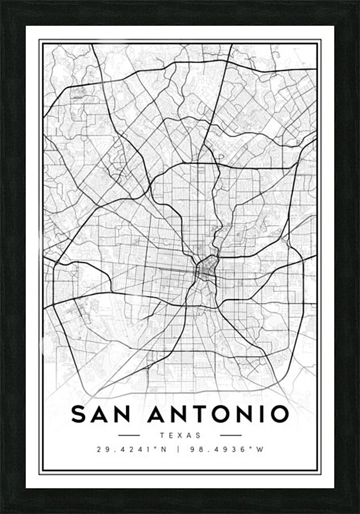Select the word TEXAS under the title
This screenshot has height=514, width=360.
point(180,436)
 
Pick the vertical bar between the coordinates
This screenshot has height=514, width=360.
point(179,449)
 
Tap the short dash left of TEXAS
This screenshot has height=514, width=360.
point(128,436)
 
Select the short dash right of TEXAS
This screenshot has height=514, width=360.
point(231,436)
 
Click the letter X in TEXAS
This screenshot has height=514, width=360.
point(180,436)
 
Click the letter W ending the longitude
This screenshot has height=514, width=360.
point(260,449)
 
